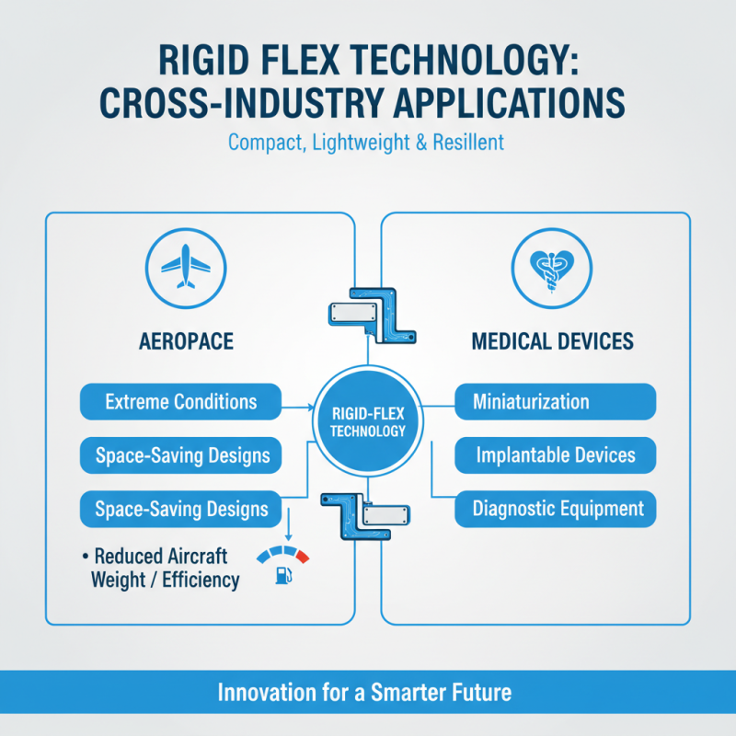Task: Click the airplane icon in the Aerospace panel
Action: pos(186,266)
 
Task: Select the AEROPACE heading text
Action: pos(187,341)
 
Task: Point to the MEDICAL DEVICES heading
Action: pos(553,341)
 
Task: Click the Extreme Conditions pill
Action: pos(180,402)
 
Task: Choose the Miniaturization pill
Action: pos(556,402)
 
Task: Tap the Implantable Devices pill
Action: pos(556,455)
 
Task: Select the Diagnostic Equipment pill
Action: pos(556,509)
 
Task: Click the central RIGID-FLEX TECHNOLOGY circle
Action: pos(368,421)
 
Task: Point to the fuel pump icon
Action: pos(283,576)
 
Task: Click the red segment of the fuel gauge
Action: pos(303,556)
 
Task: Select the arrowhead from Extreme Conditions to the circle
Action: pos(310,407)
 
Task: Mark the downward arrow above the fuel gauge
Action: pos(289,524)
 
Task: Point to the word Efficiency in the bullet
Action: pos(201,581)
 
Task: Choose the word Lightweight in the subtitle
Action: pos(361,143)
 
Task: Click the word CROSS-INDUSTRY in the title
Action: pos(242,102)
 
